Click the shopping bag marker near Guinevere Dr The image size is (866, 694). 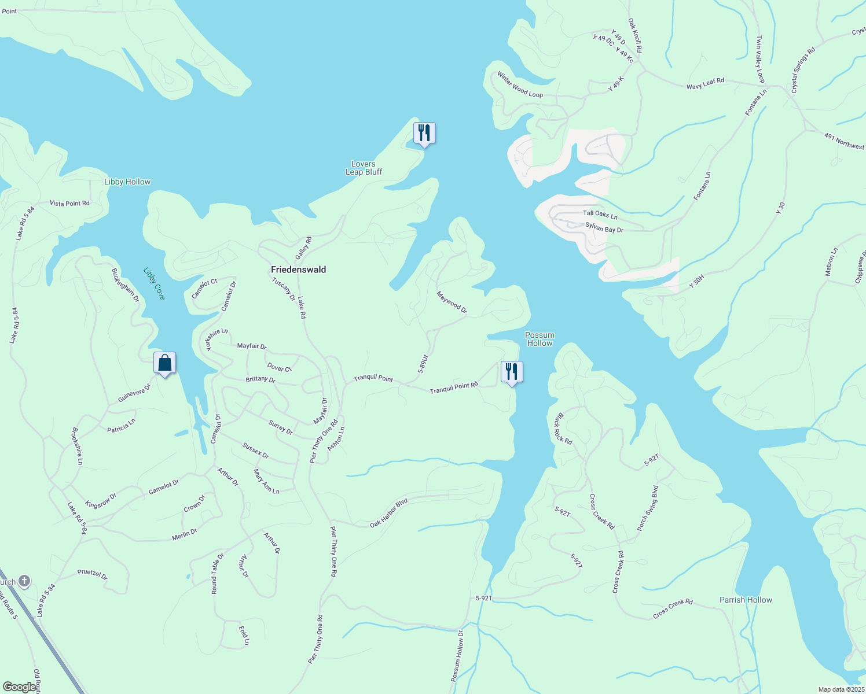point(165,363)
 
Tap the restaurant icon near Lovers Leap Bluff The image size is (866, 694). point(424,133)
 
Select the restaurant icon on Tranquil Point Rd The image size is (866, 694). point(512,372)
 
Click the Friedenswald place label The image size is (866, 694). point(298,270)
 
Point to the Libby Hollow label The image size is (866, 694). point(127,182)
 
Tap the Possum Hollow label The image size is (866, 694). point(540,339)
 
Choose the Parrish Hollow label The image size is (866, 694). point(746,600)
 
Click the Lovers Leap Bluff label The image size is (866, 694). point(364,168)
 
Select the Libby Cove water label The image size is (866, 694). point(155,283)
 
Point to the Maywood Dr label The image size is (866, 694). point(452,302)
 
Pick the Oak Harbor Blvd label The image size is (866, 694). point(389,513)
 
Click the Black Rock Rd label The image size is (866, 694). point(563,429)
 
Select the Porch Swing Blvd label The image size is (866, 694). point(648,508)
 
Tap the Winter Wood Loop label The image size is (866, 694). point(520,85)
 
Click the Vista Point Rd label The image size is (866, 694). point(69,203)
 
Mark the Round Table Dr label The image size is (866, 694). point(217,574)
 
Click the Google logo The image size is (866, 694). point(19,687)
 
